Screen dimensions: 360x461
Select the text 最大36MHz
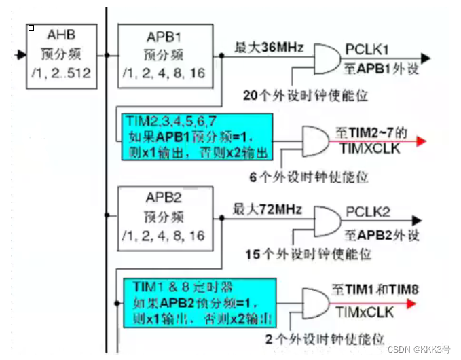click(268, 48)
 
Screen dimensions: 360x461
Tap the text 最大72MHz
click(268, 209)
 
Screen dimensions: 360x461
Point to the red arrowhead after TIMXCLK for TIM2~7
click(422, 141)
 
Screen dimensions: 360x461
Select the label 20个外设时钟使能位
click(305, 96)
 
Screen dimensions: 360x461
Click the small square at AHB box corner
click(31, 29)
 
